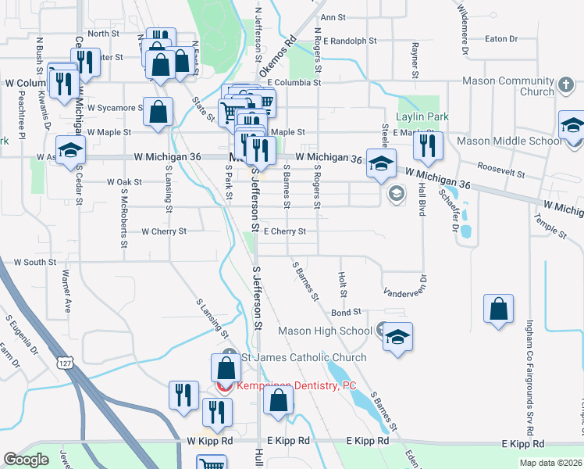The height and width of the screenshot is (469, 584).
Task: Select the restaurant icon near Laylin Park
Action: [427, 145]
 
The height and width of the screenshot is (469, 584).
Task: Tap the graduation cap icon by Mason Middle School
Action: [572, 125]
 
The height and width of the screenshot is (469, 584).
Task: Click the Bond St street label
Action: [346, 312]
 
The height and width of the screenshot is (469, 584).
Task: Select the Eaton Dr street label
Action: [501, 38]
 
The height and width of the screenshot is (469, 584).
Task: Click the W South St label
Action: [34, 263]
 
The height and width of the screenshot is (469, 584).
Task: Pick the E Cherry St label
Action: [284, 231]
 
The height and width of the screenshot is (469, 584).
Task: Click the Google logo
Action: [27, 460]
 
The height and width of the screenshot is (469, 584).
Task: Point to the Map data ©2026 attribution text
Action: [550, 463]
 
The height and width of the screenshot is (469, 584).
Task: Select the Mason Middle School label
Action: [508, 141]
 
